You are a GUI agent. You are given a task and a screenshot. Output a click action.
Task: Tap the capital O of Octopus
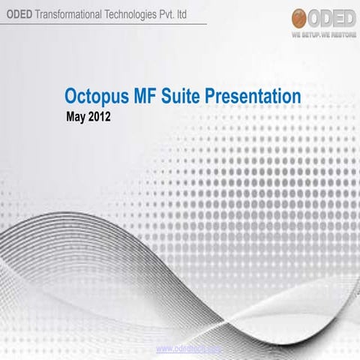point(72,97)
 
